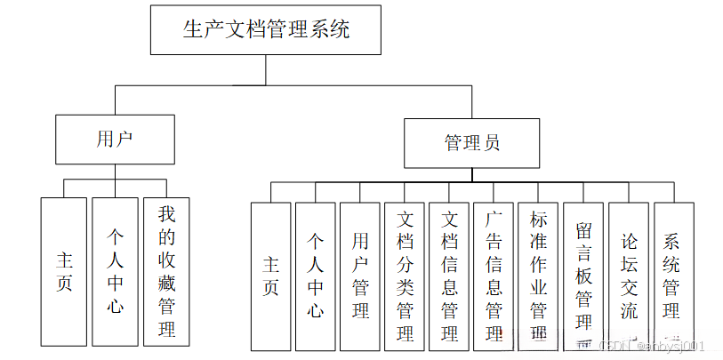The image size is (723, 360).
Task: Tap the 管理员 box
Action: [471, 143]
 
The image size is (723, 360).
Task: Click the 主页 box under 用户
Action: [64, 271]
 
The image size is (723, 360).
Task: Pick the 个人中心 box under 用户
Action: [115, 271]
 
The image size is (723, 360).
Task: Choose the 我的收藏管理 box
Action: [166, 271]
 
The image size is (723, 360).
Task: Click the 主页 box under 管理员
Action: [270, 276]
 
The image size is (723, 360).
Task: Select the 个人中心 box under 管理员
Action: [315, 276]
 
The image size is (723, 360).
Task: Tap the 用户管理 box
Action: [360, 276]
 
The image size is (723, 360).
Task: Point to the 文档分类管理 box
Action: [405, 276]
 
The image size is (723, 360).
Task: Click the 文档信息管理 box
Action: [450, 276]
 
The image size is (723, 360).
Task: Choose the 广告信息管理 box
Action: [494, 276]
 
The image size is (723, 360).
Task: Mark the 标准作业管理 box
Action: [539, 276]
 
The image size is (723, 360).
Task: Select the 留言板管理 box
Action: [584, 276]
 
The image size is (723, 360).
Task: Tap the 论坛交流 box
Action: [629, 276]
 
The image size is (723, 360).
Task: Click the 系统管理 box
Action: [673, 276]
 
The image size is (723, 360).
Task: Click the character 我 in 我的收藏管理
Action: [166, 213]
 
